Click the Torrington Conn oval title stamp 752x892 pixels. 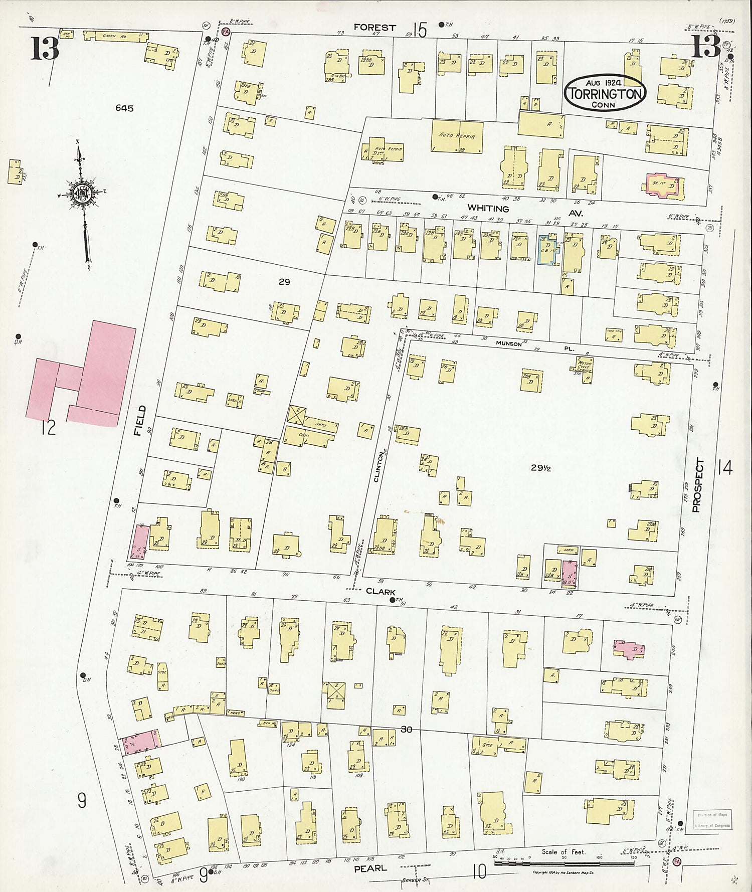pyautogui.click(x=605, y=93)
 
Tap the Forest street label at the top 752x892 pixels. pyautogui.click(x=374, y=28)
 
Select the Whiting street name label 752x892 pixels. pyautogui.click(x=488, y=208)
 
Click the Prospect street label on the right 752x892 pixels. pyautogui.click(x=698, y=485)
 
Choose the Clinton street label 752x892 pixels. pyautogui.click(x=379, y=467)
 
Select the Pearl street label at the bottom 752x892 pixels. pyautogui.click(x=370, y=868)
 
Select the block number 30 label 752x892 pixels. pyautogui.click(x=406, y=729)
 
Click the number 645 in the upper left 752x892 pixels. pyautogui.click(x=124, y=108)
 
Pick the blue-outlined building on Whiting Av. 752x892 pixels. pyautogui.click(x=548, y=249)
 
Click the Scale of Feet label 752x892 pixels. pyautogui.click(x=563, y=851)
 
